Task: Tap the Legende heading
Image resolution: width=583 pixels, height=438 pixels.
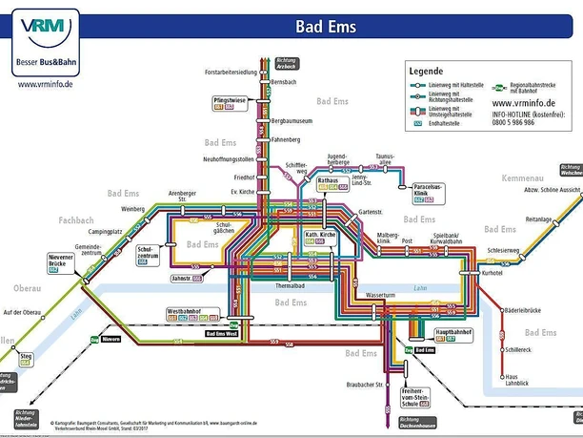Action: (x=428, y=72)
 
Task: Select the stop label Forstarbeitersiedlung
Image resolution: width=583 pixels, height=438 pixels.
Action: (x=231, y=72)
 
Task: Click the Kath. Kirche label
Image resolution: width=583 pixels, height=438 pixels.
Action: (x=320, y=234)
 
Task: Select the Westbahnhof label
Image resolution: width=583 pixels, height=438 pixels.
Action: (x=185, y=311)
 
